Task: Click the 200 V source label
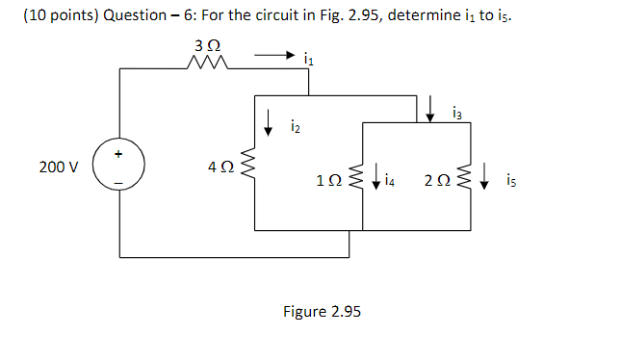click(59, 167)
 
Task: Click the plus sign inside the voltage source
click(119, 153)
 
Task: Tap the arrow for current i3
click(432, 108)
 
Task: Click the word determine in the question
click(427, 13)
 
